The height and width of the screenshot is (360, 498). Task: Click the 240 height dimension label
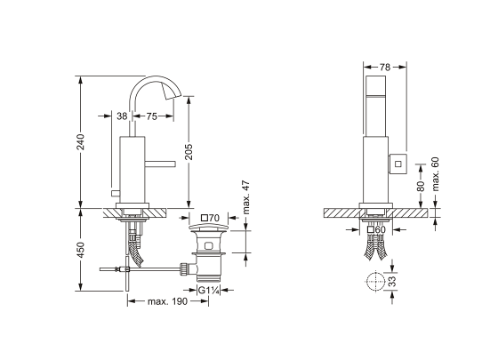81,142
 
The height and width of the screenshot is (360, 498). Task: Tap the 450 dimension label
81,250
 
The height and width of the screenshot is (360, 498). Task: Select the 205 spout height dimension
189,152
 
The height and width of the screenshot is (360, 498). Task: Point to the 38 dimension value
122,116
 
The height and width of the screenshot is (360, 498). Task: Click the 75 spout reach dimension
152,116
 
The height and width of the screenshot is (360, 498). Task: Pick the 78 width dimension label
385,68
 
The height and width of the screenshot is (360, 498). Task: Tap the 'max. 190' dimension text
168,301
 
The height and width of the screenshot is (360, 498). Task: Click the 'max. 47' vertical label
246,197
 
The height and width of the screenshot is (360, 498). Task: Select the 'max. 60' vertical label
435,174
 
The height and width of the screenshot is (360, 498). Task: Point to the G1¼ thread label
209,290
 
